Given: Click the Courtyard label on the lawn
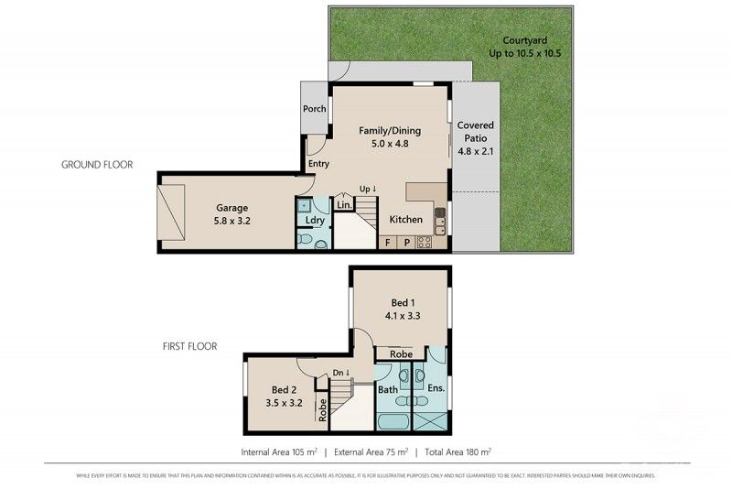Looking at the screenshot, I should tap(524, 40).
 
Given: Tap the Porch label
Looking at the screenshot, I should tap(315, 109).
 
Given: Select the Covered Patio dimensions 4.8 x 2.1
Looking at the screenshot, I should tap(475, 152).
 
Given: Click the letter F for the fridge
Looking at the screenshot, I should tap(388, 243).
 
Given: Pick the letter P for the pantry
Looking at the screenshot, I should tap(405, 243).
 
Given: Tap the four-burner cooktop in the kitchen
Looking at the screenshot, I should tap(425, 243).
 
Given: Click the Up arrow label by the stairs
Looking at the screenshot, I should tap(368, 189).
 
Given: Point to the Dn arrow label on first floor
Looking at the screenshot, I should tap(340, 372).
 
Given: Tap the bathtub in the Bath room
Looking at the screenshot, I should tap(393, 422).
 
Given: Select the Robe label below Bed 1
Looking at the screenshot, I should tap(400, 353).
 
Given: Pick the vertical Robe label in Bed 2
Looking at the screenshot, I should tap(323, 408).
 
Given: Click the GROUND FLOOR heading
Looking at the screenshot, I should tap(97, 165).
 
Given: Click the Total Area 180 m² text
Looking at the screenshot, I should tap(457, 451).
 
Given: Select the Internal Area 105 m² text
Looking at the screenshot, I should tap(278, 451).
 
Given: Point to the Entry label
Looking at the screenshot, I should tap(318, 164).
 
